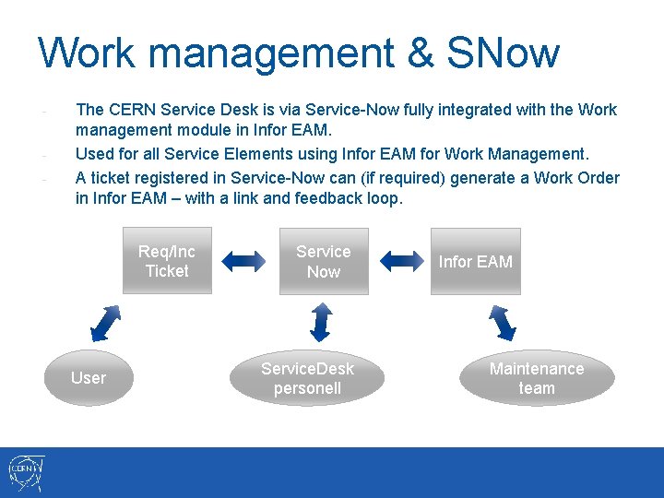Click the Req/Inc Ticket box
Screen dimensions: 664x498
click(167, 261)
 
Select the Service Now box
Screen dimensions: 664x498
click(324, 261)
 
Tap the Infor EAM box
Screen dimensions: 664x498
click(475, 261)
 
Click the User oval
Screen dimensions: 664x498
click(89, 377)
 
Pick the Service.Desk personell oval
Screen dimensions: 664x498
click(307, 378)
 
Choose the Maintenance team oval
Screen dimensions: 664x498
click(537, 378)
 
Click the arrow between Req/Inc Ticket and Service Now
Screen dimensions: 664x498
click(244, 262)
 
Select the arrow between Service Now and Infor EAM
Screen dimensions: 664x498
click(399, 262)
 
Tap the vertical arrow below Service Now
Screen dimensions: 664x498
click(321, 322)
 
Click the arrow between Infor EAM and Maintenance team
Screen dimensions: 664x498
click(503, 322)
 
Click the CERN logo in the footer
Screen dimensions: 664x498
click(25, 473)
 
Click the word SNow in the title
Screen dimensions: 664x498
click(502, 53)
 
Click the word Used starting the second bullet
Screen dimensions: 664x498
click(94, 153)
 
